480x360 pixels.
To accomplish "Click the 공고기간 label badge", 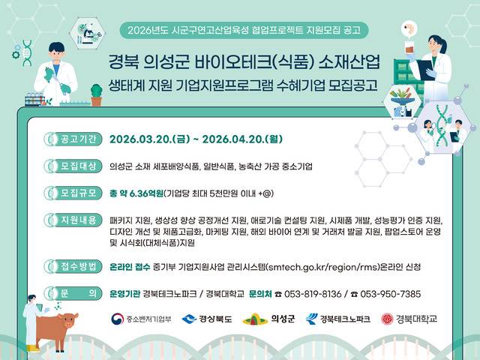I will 73,139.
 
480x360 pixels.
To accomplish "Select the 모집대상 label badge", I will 73,166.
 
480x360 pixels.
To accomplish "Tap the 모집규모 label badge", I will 73,193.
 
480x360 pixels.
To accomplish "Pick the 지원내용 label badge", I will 73,220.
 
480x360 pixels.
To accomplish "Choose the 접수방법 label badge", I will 73,265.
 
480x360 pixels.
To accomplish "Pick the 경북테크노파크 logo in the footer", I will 337,319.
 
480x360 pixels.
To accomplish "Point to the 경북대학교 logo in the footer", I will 409,319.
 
